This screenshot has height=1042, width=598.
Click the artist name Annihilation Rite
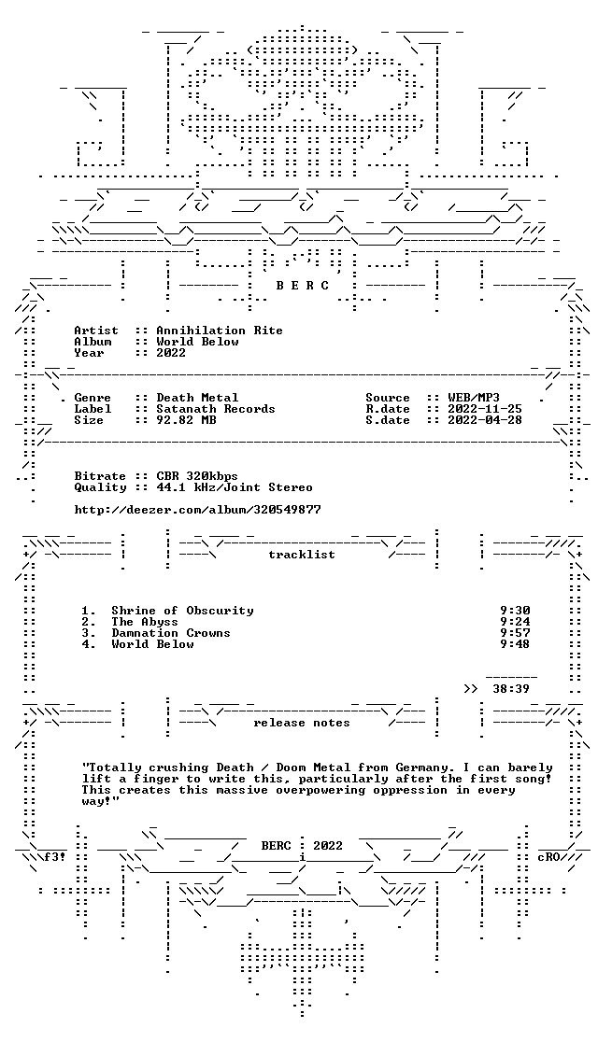pyautogui.click(x=219, y=331)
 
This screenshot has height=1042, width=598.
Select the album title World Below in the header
pyautogui.click(x=197, y=342)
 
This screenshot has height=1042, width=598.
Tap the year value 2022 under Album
pyautogui.click(x=171, y=353)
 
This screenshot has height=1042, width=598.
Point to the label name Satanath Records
pyautogui.click(x=216, y=409)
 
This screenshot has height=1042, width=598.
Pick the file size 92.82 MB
pyautogui.click(x=182, y=421)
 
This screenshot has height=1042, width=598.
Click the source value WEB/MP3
pyautogui.click(x=474, y=398)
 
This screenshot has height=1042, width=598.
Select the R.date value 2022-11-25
pyautogui.click(x=485, y=409)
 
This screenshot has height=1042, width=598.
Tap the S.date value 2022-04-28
pyautogui.click(x=485, y=421)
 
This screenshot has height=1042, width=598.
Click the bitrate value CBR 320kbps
pyautogui.click(x=197, y=476)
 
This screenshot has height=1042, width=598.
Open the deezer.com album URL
pyautogui.click(x=197, y=511)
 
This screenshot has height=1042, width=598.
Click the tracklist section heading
pyautogui.click(x=302, y=555)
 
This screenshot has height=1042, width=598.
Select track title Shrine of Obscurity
pyautogui.click(x=182, y=611)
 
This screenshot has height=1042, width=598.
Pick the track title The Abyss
pyautogui.click(x=145, y=622)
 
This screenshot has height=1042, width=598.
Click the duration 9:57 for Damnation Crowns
pyautogui.click(x=515, y=633)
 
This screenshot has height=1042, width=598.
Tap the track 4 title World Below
pyautogui.click(x=152, y=644)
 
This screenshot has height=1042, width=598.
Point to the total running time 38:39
pyautogui.click(x=511, y=689)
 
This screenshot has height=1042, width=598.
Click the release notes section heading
pyautogui.click(x=302, y=723)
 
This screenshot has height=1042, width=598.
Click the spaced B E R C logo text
pyautogui.click(x=302, y=286)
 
